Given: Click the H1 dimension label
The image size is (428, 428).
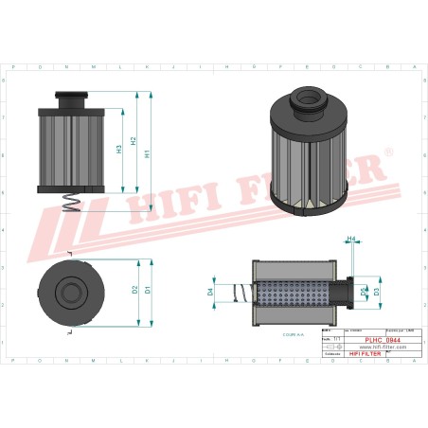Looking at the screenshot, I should [147, 153].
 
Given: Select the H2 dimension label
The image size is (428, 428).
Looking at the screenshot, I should [134, 141].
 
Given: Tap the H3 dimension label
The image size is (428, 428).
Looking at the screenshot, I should [119, 149].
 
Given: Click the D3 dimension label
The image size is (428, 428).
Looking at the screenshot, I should [377, 293].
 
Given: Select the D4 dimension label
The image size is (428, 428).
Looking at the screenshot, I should [210, 293].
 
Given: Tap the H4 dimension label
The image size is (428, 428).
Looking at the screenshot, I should [350, 239].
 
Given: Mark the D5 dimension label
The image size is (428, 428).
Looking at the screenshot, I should [365, 293].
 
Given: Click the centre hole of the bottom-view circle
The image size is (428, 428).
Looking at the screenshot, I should [72, 289].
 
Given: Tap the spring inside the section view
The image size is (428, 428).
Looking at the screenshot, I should [240, 293].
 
